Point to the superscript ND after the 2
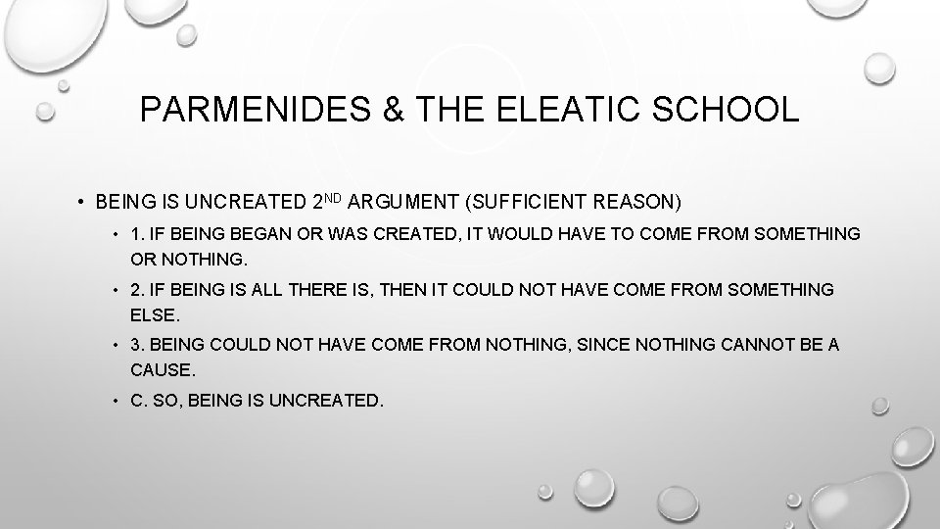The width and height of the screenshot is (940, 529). pos(334,198)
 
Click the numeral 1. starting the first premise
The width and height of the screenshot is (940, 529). pos(137,235)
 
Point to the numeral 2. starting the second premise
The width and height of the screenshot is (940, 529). pos(137,290)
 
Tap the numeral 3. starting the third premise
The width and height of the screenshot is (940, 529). pos(137,345)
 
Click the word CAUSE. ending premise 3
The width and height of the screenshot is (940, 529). pos(164,371)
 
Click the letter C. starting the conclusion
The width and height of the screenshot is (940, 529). pos(138,401)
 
